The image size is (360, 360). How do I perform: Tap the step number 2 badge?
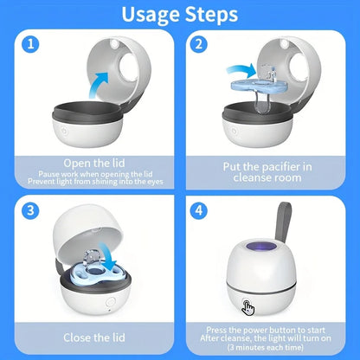(x=200, y=43)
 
